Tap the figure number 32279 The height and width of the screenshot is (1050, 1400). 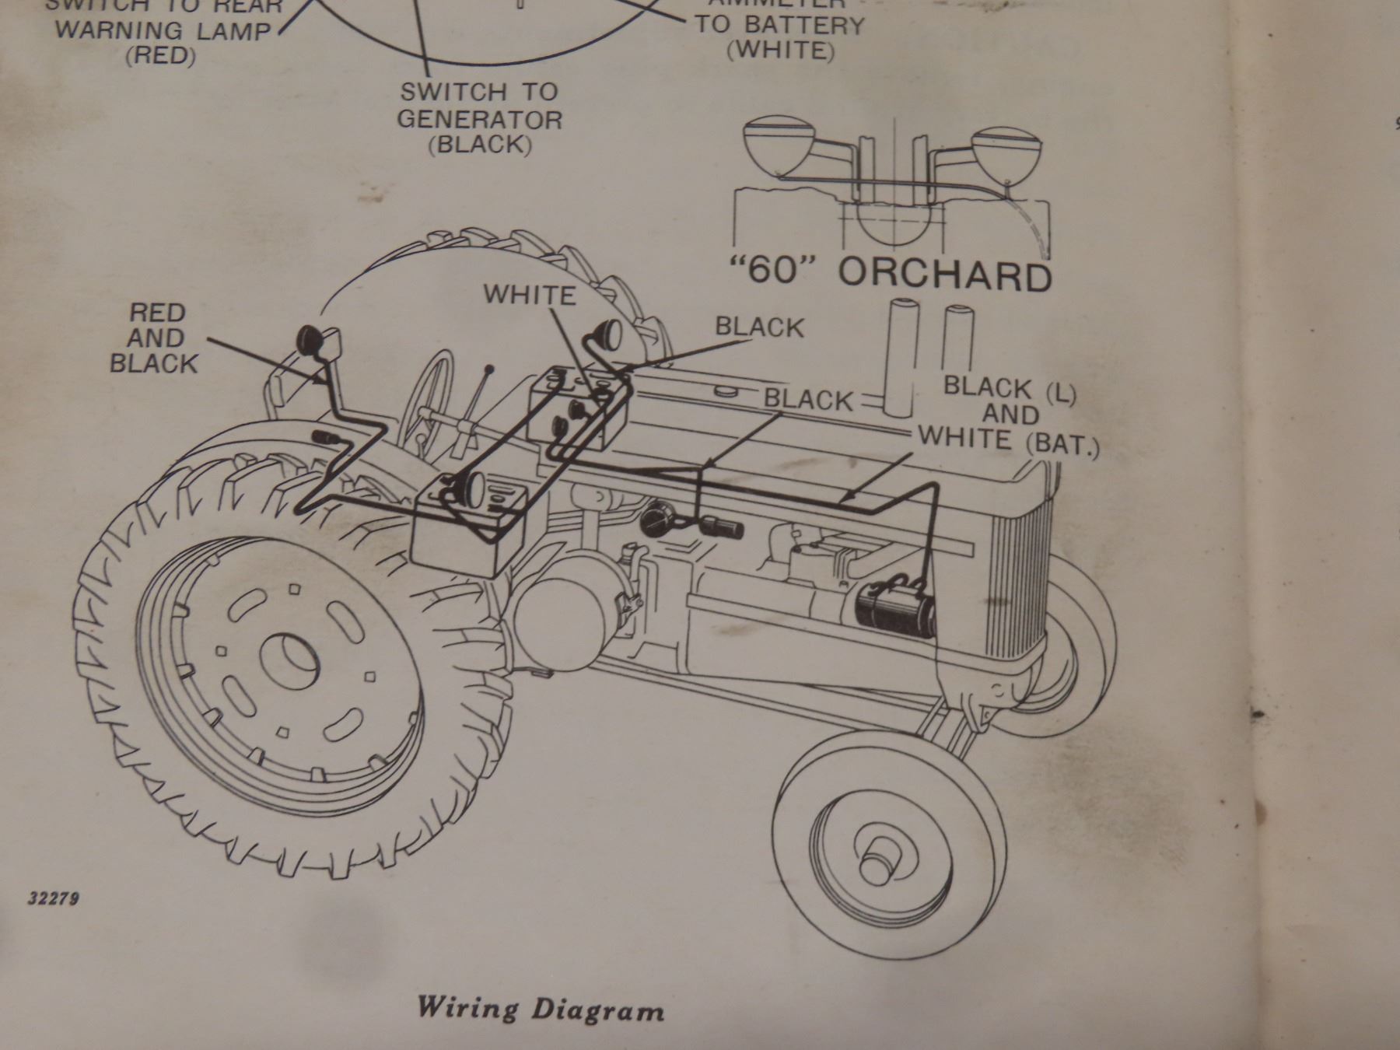pos(54,898)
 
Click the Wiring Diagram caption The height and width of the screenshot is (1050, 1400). pos(541,1009)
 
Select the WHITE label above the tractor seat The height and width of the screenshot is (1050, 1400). pos(530,295)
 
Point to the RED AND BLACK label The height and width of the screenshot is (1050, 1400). pos(155,338)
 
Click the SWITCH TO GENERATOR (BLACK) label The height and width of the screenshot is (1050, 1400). pos(480,118)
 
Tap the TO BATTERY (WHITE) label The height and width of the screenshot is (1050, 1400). pos(779,37)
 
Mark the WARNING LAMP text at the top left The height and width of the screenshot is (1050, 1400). pos(163,31)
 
